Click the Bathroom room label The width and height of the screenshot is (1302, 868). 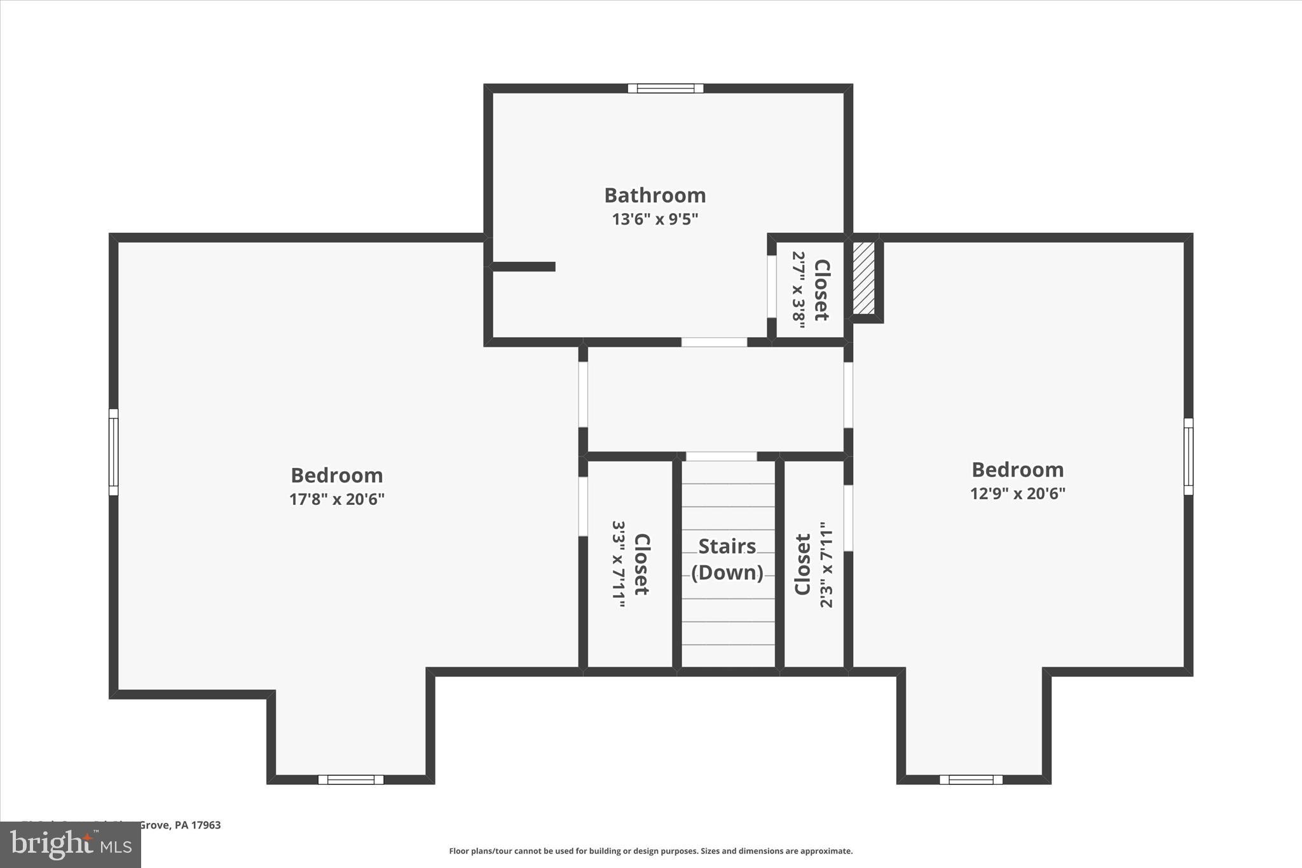tap(655, 195)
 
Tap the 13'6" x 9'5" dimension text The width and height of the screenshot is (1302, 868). tap(655, 219)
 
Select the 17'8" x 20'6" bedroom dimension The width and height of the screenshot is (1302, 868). tap(337, 499)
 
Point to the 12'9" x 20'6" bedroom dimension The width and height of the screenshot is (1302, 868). tap(1017, 493)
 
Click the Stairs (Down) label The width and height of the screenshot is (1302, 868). tap(727, 560)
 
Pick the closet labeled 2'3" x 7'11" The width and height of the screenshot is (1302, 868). tap(813, 565)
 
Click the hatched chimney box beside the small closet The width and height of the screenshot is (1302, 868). tap(863, 277)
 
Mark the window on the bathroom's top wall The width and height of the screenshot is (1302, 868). tap(666, 88)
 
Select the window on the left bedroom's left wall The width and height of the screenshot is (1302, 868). tap(114, 451)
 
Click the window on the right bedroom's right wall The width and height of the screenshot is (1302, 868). tap(1188, 456)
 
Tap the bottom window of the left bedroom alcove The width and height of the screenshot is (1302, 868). tap(351, 780)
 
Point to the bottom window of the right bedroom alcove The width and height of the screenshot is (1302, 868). tap(971, 780)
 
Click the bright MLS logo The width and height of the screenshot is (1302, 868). tap(71, 844)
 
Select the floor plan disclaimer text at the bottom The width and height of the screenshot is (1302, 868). tap(650, 851)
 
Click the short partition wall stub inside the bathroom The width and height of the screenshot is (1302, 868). tap(523, 266)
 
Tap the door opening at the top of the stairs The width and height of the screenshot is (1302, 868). tap(721, 457)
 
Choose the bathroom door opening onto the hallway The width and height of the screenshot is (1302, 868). tap(714, 342)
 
